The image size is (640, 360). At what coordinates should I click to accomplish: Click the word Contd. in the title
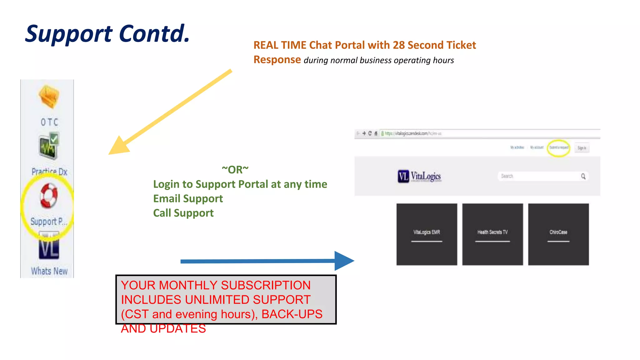click(154, 34)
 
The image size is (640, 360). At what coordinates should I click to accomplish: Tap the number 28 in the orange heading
click(399, 45)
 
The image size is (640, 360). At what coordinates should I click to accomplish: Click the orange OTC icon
click(49, 97)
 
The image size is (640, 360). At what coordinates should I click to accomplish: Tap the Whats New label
click(49, 271)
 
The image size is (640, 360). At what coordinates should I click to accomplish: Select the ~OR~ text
click(235, 170)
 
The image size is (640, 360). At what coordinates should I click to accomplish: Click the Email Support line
click(188, 199)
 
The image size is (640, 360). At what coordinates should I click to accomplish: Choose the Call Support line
click(183, 213)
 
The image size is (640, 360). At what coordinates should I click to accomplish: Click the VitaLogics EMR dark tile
click(427, 234)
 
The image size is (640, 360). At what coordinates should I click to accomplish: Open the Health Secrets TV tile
click(492, 234)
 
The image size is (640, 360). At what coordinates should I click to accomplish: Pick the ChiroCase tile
click(558, 234)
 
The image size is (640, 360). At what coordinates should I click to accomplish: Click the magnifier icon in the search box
click(583, 176)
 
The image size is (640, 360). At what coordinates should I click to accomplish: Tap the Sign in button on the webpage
click(582, 148)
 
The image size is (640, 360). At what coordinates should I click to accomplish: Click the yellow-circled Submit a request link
click(558, 148)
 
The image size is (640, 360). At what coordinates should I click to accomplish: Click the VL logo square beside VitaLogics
click(403, 177)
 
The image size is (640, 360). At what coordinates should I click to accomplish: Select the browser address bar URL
click(412, 133)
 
